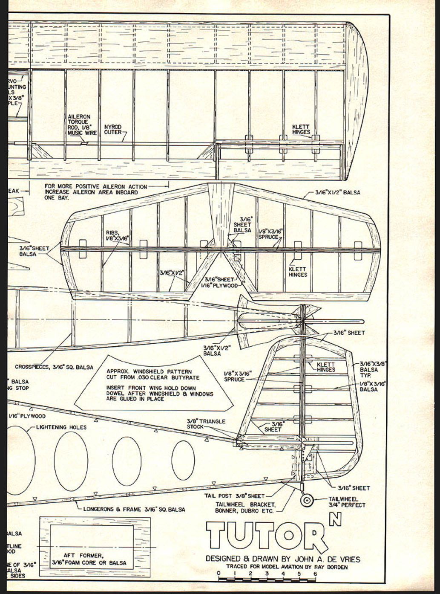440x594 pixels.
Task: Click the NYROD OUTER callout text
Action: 113,130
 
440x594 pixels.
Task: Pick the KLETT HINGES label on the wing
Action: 301,130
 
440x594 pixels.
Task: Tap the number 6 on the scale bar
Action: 315,574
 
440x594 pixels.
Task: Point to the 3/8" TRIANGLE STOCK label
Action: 206,424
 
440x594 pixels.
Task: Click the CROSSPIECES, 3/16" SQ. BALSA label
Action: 51,367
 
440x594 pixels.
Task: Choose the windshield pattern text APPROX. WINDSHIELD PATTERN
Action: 149,372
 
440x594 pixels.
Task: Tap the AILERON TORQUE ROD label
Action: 79,125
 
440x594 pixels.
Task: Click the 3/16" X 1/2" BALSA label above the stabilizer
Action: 337,192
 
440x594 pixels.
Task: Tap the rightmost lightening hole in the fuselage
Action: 183,459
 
